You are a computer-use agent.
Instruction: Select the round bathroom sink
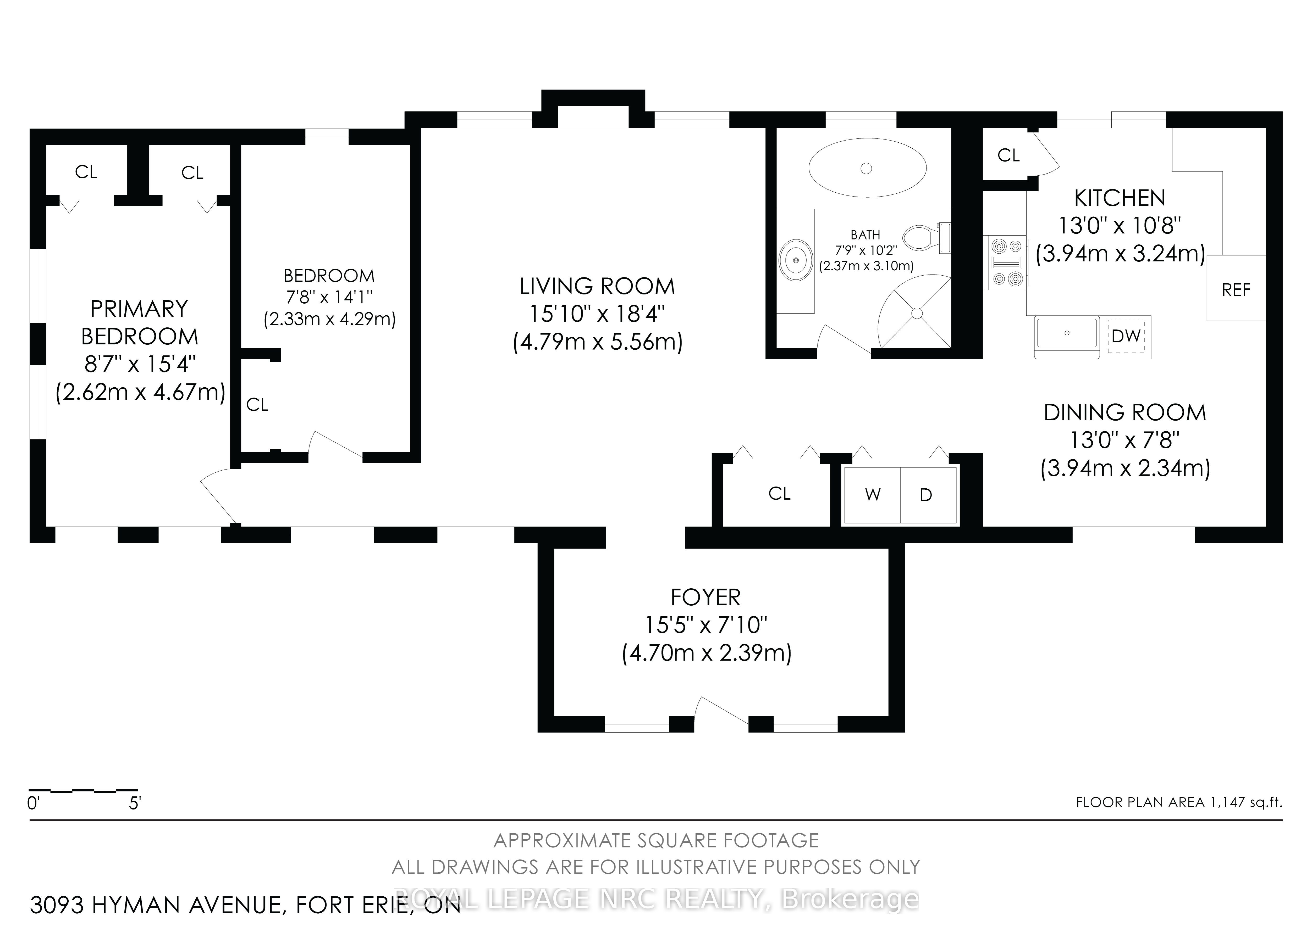[x=795, y=260]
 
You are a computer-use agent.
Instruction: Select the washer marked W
[x=872, y=495]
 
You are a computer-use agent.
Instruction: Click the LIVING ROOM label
[x=597, y=287]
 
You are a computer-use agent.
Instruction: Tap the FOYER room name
[x=706, y=597]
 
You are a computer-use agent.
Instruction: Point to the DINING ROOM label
[x=1124, y=412]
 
